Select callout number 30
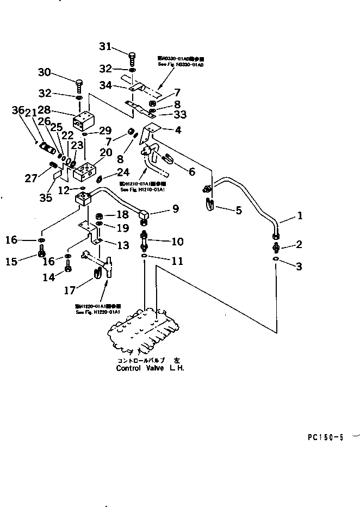(x=45, y=72)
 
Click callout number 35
(x=46, y=198)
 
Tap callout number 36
(x=19, y=111)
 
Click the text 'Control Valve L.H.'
(x=150, y=368)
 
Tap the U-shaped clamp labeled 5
(x=210, y=205)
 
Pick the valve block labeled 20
(x=87, y=170)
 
